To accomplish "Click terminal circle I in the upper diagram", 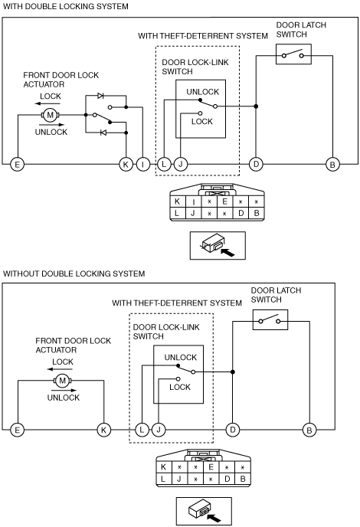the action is (143, 165).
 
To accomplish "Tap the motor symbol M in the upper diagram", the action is (51, 115).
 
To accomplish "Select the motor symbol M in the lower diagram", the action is (63, 381).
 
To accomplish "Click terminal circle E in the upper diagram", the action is (18, 165).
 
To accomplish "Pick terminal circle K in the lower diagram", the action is (103, 430).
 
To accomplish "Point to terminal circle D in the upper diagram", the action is (256, 165).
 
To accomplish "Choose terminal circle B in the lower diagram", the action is (309, 430).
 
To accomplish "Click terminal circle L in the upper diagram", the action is (164, 165).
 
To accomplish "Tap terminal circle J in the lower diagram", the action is (159, 430).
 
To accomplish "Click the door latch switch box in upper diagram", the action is (293, 54).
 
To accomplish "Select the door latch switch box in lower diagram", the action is (270, 319).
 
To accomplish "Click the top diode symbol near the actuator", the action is (100, 96).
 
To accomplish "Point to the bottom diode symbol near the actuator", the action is (103, 133).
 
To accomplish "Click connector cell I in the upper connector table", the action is (193, 201).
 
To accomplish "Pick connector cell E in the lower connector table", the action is (211, 466).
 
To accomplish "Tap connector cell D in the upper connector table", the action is (241, 213).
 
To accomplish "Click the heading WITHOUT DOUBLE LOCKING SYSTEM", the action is (74, 273).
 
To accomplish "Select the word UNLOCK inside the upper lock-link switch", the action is (203, 92).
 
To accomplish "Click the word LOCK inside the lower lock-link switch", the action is (180, 387).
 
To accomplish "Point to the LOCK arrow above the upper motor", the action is (47, 103).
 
